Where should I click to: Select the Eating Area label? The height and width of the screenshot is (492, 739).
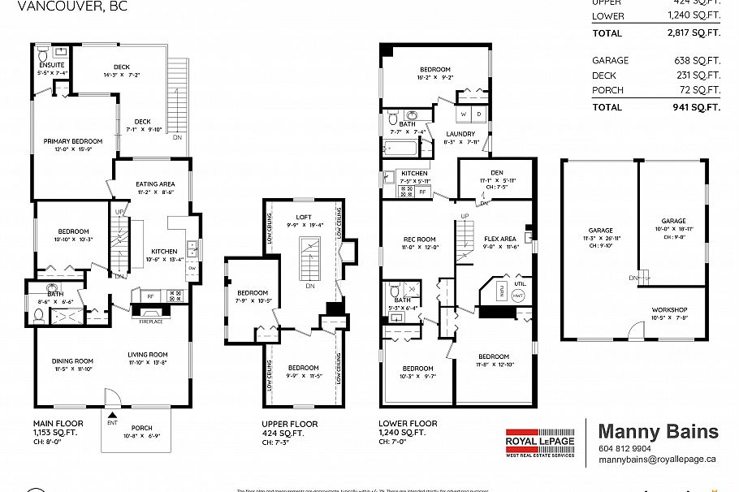pos(154,183)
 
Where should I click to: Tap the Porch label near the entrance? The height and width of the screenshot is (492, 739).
pos(141,428)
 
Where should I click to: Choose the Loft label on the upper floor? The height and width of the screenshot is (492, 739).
pos(304,217)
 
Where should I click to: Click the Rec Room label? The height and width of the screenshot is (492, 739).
pos(420,239)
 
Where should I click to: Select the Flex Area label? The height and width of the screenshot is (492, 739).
pos(499,239)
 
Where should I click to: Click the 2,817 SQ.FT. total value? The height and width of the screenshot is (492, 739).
pos(689,33)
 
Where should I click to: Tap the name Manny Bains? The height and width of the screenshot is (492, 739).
pos(658,431)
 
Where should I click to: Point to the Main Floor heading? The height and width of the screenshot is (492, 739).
pos(58,423)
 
